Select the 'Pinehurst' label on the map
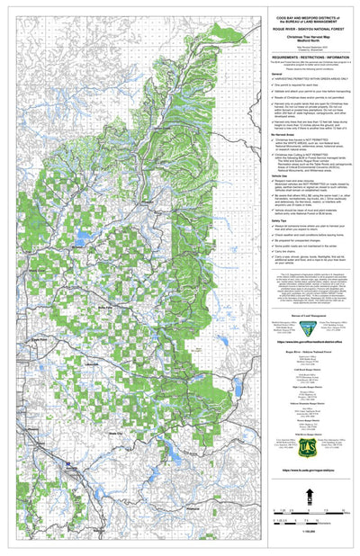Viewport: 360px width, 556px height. tap(192, 507)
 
